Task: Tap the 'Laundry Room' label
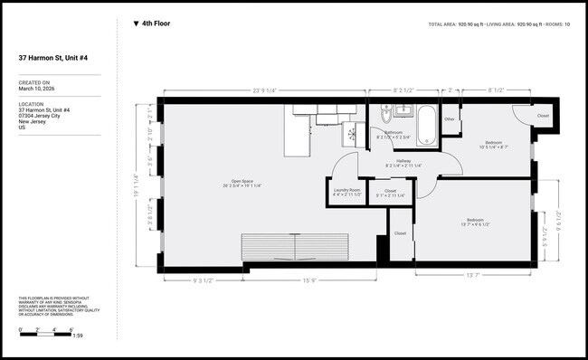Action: [347, 190]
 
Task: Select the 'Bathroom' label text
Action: [394, 133]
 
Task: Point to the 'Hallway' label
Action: [403, 161]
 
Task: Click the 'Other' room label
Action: [450, 118]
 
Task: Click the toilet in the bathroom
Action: [386, 115]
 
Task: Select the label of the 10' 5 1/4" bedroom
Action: [493, 143]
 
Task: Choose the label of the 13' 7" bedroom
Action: [475, 221]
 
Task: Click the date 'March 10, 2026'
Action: [37, 89]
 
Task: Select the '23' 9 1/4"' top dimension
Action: [266, 90]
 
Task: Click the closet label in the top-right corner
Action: [543, 116]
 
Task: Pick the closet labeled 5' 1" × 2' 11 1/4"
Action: [391, 191]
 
